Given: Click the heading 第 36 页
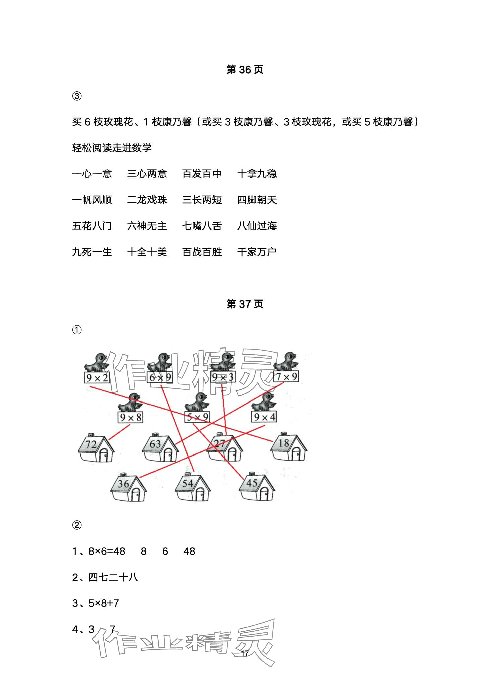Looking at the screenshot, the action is [x=245, y=70].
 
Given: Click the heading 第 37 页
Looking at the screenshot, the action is [x=245, y=304].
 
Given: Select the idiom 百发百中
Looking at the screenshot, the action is [x=202, y=174].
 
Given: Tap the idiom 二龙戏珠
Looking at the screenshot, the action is [x=147, y=200].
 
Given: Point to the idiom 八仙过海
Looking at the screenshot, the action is [x=257, y=226].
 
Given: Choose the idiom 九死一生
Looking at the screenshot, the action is [x=92, y=252].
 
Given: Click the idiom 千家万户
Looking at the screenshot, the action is [x=257, y=252].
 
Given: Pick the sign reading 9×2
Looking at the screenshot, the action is [x=97, y=378].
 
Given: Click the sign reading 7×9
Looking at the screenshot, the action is [x=286, y=377].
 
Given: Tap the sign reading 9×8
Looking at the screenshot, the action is [x=130, y=417].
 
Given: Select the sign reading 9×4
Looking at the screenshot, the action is [x=264, y=417].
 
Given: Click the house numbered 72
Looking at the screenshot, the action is [x=96, y=448].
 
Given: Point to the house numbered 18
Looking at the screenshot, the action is [x=289, y=447].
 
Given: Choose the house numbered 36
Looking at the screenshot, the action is [x=128, y=487].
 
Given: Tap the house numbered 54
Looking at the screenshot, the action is [x=193, y=487].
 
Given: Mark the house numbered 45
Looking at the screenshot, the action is [x=257, y=487].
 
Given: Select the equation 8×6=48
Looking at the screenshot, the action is [x=107, y=551].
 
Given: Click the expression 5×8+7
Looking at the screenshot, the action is [x=104, y=603].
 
